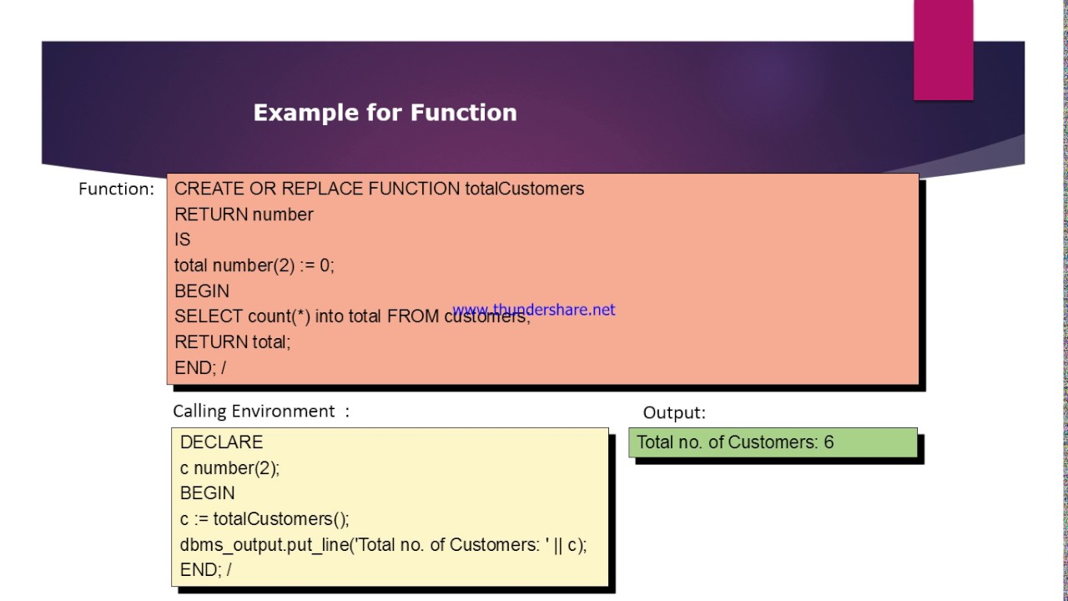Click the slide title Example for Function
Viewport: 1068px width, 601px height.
coord(385,113)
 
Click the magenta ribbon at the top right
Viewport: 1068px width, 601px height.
coord(943,50)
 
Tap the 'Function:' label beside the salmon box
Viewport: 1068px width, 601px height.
coord(116,189)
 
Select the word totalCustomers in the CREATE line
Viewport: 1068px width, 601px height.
coord(524,189)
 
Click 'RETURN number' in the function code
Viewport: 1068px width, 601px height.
coord(244,215)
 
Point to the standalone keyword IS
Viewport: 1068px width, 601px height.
coord(182,240)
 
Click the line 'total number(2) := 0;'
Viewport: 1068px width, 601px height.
coord(254,265)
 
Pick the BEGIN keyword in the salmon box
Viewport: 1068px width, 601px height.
coord(201,291)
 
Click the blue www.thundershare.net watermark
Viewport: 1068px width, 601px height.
coord(534,310)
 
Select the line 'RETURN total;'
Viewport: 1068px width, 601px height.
coord(232,342)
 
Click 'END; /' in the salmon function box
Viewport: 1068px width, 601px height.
coord(199,367)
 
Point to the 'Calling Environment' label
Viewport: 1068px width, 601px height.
coord(254,411)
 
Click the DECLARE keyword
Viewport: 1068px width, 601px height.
coord(221,442)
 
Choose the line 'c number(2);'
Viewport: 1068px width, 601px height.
coord(229,468)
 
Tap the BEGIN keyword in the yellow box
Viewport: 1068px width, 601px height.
coord(207,493)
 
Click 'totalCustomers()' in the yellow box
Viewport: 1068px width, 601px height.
coord(280,519)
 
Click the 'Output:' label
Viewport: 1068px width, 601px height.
coord(673,412)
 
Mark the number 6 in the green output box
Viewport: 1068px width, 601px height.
coord(829,442)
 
